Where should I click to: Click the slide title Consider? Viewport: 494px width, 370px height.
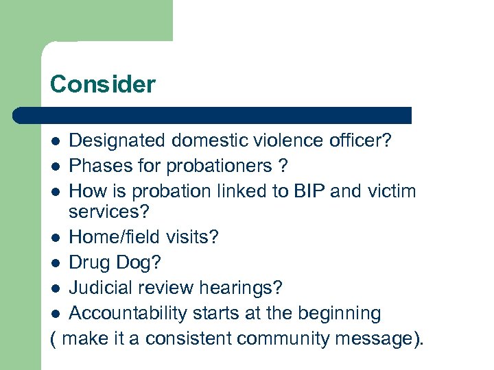point(103,84)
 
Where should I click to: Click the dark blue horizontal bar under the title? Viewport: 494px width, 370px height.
point(213,115)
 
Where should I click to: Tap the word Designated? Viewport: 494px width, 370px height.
point(117,141)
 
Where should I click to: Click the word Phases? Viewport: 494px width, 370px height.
point(99,166)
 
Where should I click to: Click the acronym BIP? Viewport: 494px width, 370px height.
point(307,190)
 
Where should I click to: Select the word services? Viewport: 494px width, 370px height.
point(109,211)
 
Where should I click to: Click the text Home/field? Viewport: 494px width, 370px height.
point(115,237)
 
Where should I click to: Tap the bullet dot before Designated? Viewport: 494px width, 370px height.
point(56,142)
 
